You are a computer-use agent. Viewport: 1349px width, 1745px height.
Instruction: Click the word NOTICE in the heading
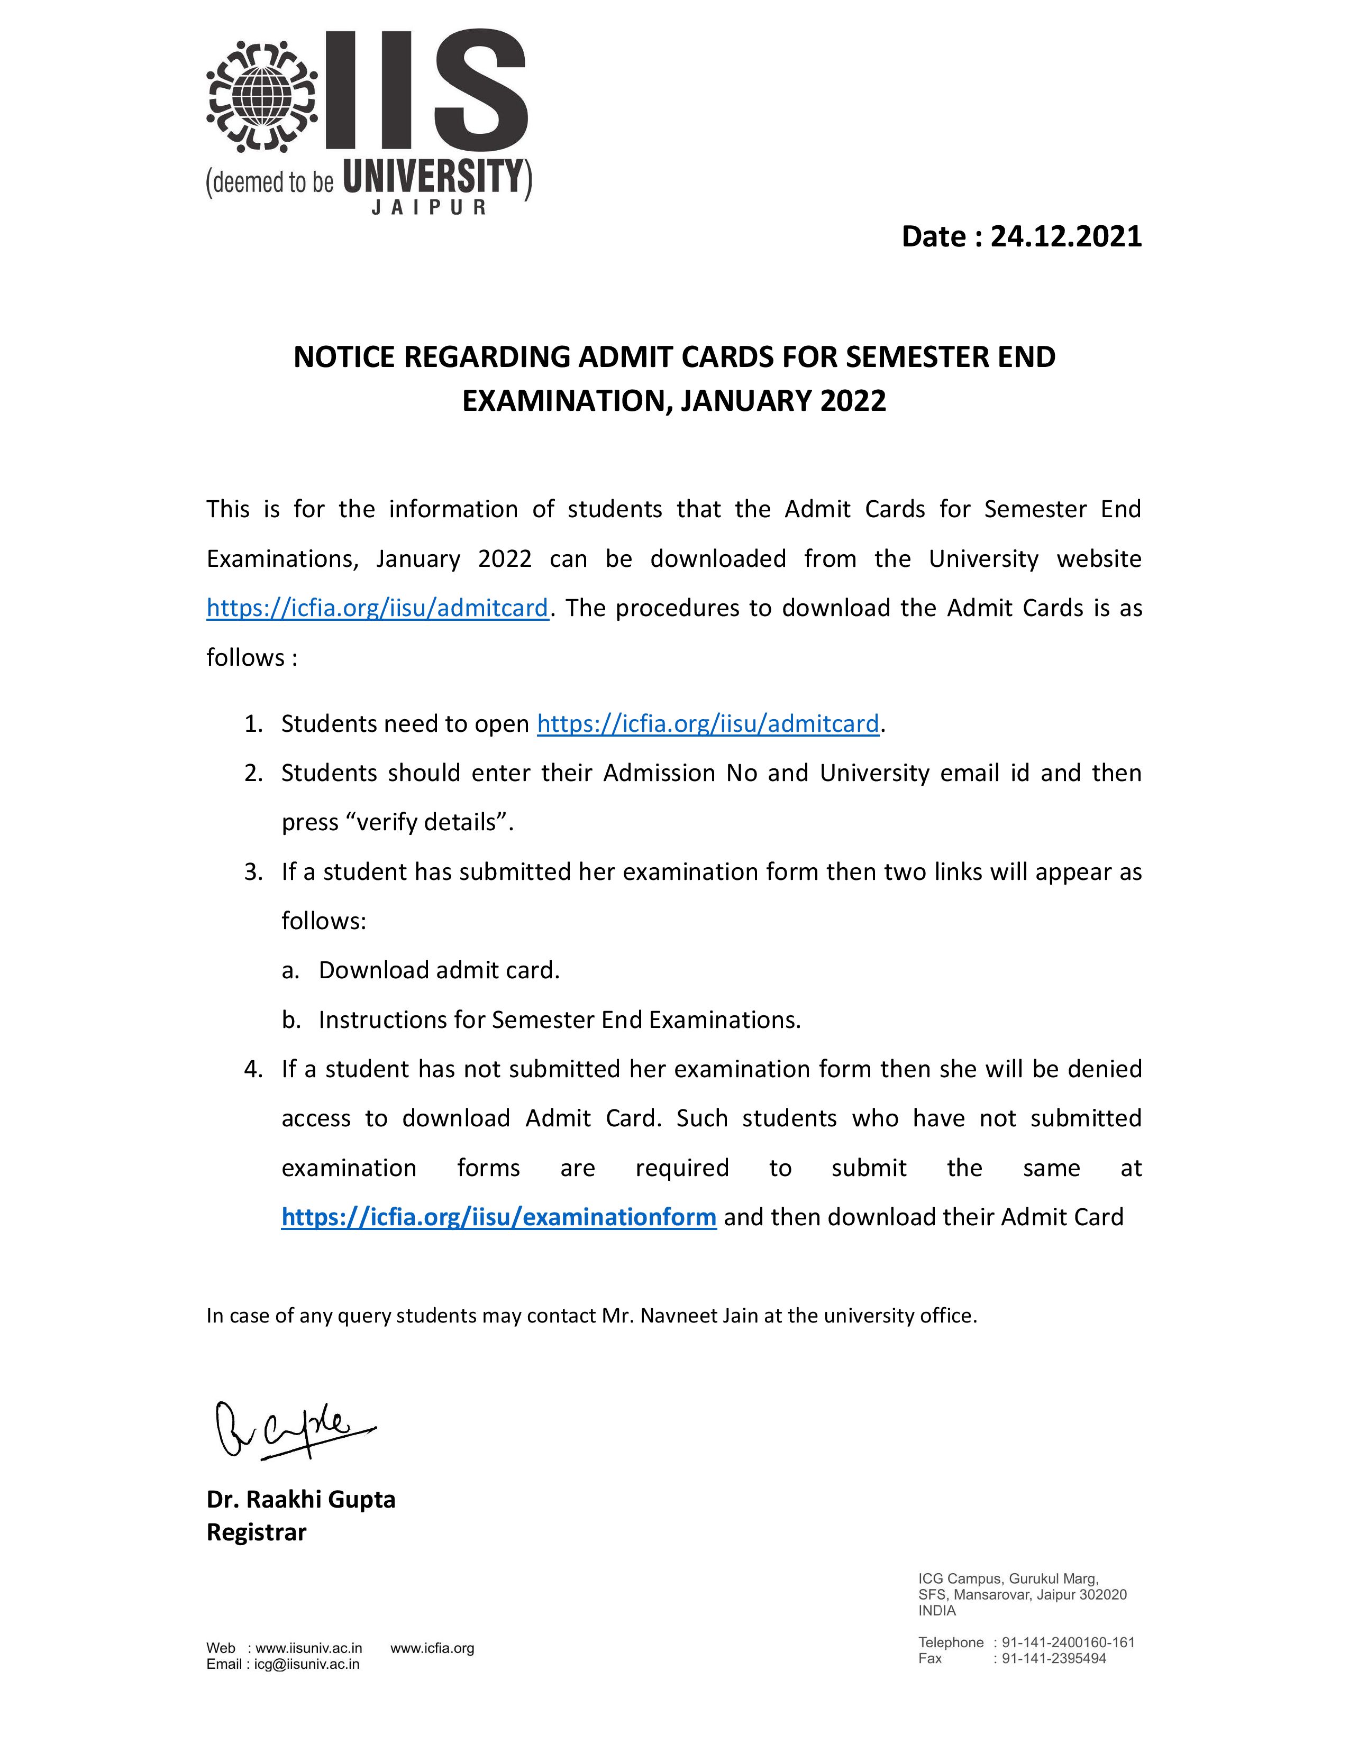[x=344, y=357]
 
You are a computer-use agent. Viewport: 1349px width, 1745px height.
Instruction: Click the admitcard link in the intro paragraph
[x=377, y=608]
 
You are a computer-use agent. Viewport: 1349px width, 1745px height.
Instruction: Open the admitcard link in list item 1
[x=707, y=724]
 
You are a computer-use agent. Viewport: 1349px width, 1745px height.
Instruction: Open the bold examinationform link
[x=499, y=1217]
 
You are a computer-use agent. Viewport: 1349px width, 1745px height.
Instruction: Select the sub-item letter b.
[x=289, y=1021]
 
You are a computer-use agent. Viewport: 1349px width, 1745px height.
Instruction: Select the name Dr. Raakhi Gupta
[x=300, y=1500]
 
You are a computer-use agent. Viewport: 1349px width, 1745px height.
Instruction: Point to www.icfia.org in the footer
[x=432, y=1648]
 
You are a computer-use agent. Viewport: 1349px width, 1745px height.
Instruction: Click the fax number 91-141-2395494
[x=1053, y=1659]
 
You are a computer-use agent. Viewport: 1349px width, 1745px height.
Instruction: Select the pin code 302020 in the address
[x=1103, y=1595]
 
